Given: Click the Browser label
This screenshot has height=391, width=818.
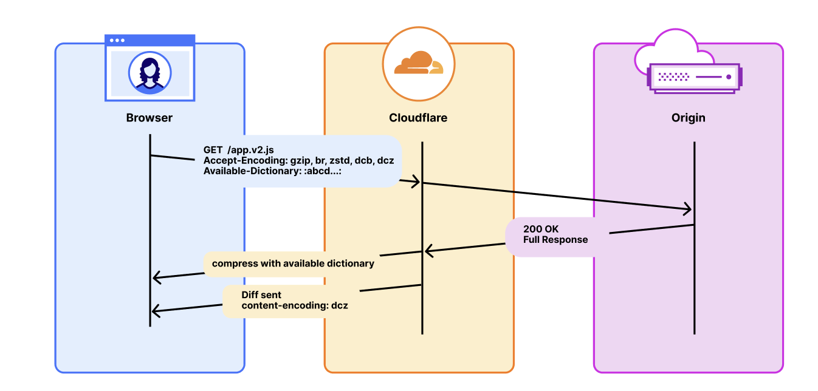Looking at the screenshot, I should click(150, 118).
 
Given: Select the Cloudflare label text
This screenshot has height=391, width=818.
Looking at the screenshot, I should click(418, 118).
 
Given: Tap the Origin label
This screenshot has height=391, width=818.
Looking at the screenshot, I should click(689, 118).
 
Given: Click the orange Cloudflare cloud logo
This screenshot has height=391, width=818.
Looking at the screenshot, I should click(418, 63).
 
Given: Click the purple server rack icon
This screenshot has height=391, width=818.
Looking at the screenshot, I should click(695, 77).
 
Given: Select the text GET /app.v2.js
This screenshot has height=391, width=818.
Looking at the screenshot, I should click(238, 150).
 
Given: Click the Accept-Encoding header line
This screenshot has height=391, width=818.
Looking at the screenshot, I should click(298, 160).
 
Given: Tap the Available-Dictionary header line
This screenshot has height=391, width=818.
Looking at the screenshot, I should click(273, 171).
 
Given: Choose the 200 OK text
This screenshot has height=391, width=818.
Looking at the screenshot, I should click(540, 229).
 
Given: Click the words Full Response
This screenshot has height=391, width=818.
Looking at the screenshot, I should click(555, 240).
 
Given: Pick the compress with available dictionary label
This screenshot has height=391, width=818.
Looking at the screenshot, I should click(293, 264).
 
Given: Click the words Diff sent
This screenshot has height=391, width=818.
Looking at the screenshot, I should click(261, 295).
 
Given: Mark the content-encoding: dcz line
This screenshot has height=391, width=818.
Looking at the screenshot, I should click(295, 305).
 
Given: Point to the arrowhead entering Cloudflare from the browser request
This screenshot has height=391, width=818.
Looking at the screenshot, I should click(416, 181).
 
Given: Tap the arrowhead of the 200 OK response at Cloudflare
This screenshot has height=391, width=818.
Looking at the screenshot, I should click(428, 250).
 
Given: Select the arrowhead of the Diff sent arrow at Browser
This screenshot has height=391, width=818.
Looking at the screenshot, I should click(155, 311).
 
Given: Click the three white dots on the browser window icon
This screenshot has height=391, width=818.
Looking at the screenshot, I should click(117, 40).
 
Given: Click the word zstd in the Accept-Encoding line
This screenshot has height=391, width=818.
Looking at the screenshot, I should click(336, 160).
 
